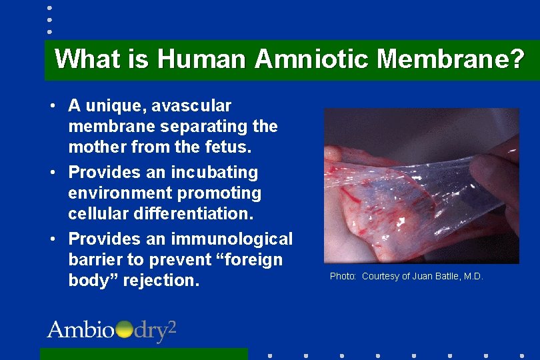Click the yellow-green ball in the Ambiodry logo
pos(124,330)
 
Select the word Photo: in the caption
pos(343,276)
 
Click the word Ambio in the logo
pos(80,330)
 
